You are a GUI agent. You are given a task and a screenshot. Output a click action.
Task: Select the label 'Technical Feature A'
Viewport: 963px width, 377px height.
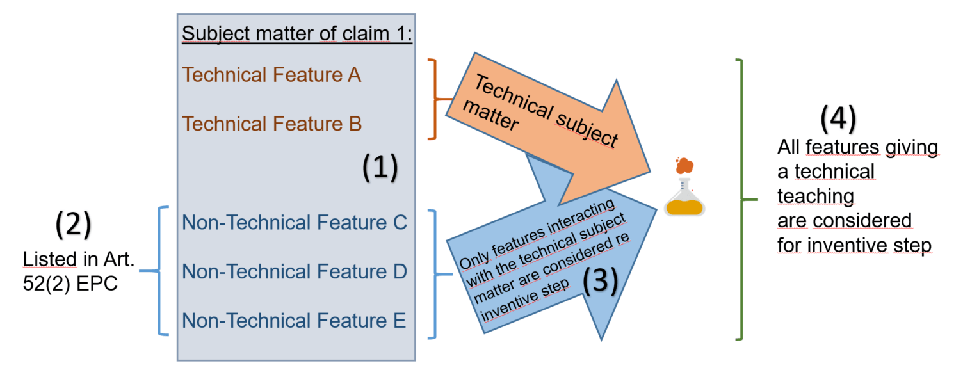coord(271,75)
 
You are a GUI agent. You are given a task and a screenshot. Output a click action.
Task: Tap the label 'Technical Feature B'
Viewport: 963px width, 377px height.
coord(271,123)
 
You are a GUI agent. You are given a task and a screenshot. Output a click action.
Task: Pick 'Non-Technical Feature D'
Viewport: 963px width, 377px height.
coord(295,271)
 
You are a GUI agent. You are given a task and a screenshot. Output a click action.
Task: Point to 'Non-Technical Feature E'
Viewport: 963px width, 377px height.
coord(294,320)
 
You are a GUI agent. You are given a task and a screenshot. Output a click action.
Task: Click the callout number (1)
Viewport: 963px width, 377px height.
coord(380,168)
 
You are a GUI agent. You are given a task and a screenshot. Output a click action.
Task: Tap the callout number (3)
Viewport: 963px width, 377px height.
coord(599,280)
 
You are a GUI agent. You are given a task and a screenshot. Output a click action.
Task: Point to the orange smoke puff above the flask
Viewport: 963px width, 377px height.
coord(684,165)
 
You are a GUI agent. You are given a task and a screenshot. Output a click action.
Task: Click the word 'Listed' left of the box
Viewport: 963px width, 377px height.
coord(49,259)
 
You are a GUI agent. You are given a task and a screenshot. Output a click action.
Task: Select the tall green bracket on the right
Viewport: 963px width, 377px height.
coord(741,199)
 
